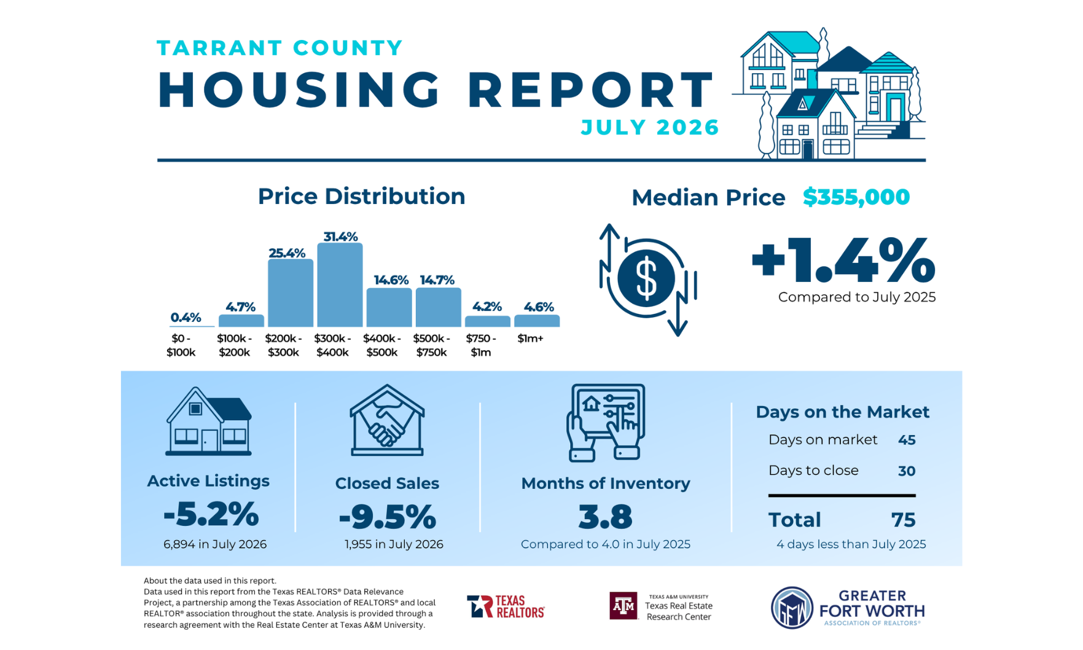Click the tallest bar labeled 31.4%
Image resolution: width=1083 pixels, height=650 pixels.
[340, 284]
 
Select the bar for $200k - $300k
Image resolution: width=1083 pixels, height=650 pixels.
[291, 292]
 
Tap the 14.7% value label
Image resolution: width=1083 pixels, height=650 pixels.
[437, 280]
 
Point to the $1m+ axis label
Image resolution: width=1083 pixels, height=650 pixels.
[530, 339]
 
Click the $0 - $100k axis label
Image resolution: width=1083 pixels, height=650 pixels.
[181, 345]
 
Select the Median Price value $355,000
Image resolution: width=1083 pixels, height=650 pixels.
[856, 197]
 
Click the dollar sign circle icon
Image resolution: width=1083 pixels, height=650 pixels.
[646, 278]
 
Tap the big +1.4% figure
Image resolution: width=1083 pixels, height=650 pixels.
[843, 261]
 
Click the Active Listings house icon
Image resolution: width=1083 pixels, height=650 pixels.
[209, 421]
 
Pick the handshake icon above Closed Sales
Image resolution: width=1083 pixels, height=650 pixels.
[387, 420]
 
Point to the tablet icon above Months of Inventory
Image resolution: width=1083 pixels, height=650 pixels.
[606, 423]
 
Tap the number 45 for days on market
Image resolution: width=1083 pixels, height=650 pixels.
[907, 440]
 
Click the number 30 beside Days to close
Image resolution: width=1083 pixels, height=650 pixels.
[907, 471]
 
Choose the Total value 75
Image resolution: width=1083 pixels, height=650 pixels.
[904, 520]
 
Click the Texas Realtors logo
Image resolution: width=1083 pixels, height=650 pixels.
[506, 606]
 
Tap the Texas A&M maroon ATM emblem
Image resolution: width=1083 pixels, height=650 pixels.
[624, 606]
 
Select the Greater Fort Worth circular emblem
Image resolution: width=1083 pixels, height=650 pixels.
[792, 608]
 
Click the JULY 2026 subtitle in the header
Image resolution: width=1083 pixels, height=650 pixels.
[650, 127]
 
